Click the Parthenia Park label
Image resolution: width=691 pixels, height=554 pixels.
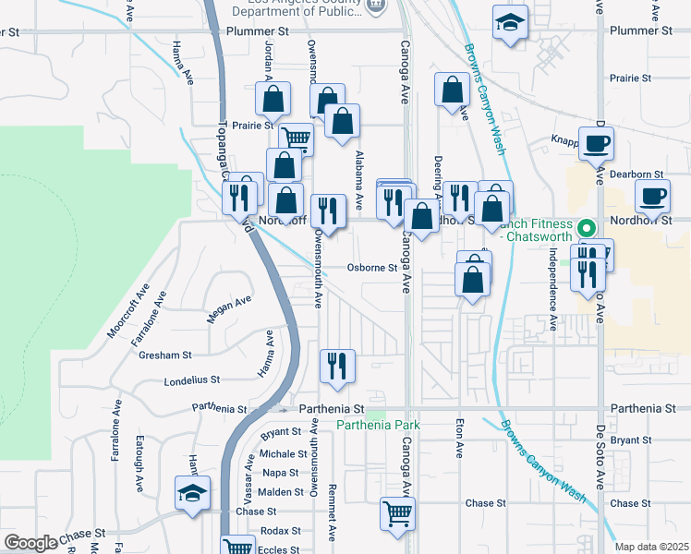click(x=378, y=425)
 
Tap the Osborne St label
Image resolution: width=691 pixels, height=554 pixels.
click(x=371, y=269)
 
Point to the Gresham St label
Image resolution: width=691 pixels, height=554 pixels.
click(x=164, y=355)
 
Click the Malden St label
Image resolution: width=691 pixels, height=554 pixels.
click(x=281, y=492)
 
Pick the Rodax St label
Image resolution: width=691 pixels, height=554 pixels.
click(x=280, y=531)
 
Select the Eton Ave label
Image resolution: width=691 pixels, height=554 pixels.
click(x=458, y=438)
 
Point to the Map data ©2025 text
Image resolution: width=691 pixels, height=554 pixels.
click(x=652, y=547)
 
